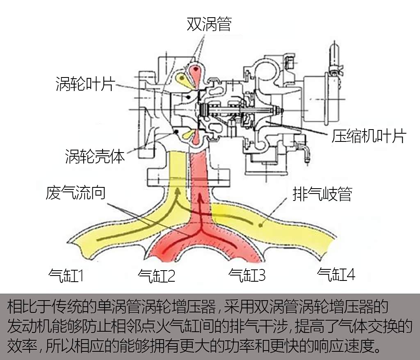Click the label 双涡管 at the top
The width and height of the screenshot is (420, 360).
coord(209,24)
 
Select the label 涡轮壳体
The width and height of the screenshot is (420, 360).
coord(95,156)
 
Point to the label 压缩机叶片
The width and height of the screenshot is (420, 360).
coord(369,136)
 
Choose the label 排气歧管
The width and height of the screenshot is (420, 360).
coord(322,194)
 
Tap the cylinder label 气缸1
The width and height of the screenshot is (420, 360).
coord(66,276)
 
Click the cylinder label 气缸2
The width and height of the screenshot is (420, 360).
coord(157,276)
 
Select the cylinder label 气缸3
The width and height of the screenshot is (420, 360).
coord(247,276)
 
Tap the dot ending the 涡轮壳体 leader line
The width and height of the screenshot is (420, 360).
coord(176,132)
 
